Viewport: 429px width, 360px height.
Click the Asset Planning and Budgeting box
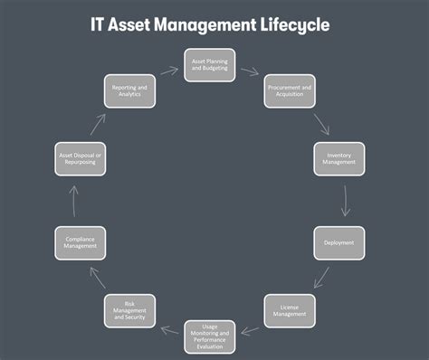click(x=210, y=64)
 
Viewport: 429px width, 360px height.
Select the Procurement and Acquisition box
click(x=290, y=91)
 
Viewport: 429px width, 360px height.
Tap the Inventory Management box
click(x=338, y=159)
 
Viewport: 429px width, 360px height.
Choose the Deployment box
click(x=338, y=242)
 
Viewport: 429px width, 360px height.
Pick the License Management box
click(x=290, y=311)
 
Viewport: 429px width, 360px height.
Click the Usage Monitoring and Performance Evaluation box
click(x=210, y=336)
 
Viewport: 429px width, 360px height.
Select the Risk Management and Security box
click(x=129, y=311)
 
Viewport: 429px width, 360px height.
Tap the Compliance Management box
click(x=81, y=242)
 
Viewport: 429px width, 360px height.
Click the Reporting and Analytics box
click(x=129, y=91)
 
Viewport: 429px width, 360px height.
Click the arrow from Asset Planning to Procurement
click(x=250, y=71)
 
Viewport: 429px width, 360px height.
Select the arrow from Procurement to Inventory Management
click(x=319, y=123)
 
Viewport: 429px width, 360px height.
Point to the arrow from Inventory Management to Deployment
click(x=344, y=201)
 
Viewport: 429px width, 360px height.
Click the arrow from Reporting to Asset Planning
click(x=169, y=71)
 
